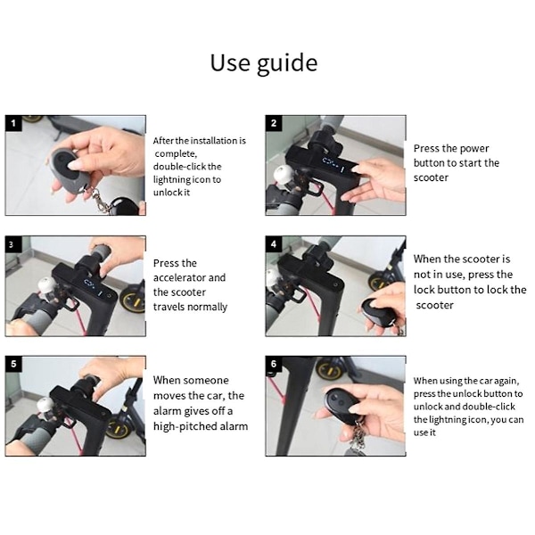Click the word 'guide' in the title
[287, 64]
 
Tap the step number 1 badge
[13, 123]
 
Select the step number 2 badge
[274, 123]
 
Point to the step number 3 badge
[13, 244]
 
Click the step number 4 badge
[274, 244]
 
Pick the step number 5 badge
[13, 364]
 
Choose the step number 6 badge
[274, 364]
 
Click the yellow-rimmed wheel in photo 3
[132, 301]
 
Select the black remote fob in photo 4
[377, 311]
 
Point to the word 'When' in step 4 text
[427, 259]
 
